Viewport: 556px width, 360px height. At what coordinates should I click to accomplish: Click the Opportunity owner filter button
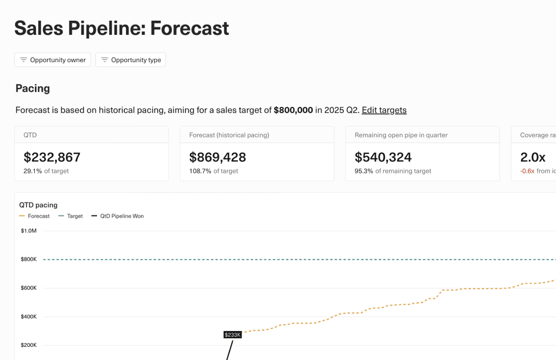[x=52, y=60]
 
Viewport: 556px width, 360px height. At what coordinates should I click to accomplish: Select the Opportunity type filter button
[x=130, y=60]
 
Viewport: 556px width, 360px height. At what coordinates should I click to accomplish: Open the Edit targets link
[x=384, y=110]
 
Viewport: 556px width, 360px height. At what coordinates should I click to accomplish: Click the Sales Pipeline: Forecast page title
[x=122, y=28]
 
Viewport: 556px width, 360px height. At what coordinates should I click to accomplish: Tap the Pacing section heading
[x=33, y=88]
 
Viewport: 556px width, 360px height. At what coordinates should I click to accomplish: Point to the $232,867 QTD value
[x=52, y=157]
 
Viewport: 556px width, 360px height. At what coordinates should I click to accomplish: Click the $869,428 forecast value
[x=217, y=157]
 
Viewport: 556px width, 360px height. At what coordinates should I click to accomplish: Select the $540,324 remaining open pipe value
[x=383, y=157]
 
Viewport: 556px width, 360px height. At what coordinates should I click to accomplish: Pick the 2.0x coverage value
[x=533, y=157]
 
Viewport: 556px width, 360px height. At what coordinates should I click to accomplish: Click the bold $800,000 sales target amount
[x=293, y=110]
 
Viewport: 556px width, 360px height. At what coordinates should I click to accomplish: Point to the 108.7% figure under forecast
[x=200, y=171]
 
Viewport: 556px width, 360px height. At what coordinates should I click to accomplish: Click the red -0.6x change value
[x=527, y=171]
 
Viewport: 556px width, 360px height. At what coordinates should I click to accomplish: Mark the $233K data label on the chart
[x=233, y=334]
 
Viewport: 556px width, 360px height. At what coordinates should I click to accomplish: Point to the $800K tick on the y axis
[x=28, y=260]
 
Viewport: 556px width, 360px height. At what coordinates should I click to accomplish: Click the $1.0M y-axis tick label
[x=28, y=231]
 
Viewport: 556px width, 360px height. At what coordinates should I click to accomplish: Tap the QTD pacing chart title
[x=38, y=205]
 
